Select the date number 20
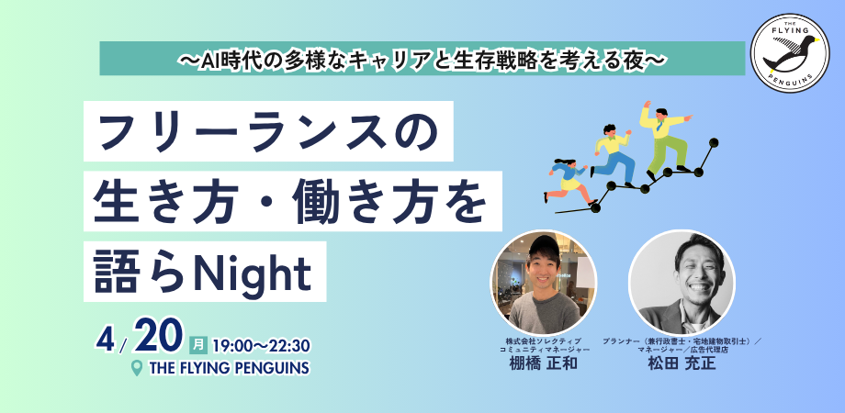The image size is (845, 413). coord(160,340)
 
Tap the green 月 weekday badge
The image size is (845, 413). coord(197,345)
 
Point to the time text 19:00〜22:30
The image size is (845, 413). coord(261,346)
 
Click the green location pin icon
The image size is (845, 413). coord(137,368)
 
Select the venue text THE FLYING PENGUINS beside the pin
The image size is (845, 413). coord(228,368)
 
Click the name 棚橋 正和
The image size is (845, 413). coord(544,364)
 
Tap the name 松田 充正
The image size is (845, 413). coord(680,364)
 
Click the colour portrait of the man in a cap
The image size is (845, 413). coord(544,281)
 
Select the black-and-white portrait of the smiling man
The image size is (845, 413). coord(680,281)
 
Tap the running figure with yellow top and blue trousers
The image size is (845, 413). coord(613,156)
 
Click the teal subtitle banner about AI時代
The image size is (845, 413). coord(422,58)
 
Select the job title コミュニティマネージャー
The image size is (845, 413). coord(544,350)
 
